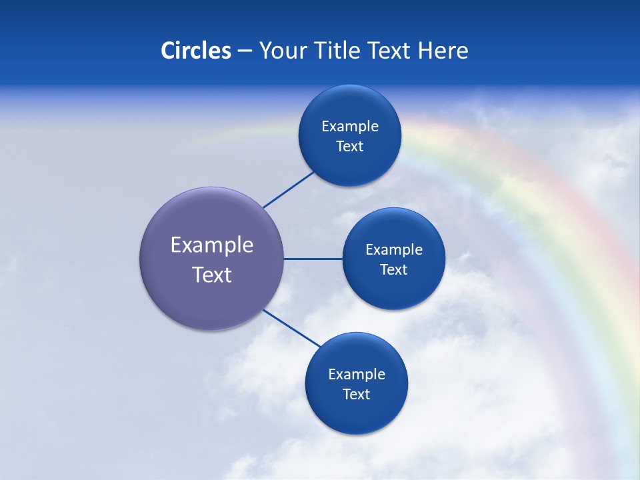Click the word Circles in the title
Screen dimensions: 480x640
click(195, 51)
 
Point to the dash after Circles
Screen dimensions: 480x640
click(245, 51)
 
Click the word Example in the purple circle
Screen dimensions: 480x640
click(212, 245)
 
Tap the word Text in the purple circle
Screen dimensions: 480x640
click(212, 275)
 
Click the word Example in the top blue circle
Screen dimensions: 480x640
click(350, 126)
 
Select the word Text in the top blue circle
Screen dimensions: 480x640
click(350, 146)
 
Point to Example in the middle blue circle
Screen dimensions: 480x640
click(394, 249)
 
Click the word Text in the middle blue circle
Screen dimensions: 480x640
click(394, 269)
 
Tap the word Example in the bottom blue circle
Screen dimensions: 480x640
click(357, 374)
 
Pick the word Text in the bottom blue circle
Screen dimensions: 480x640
click(357, 394)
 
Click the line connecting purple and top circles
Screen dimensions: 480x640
click(288, 189)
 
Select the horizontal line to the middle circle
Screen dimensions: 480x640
click(313, 259)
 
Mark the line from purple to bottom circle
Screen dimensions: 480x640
click(292, 328)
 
